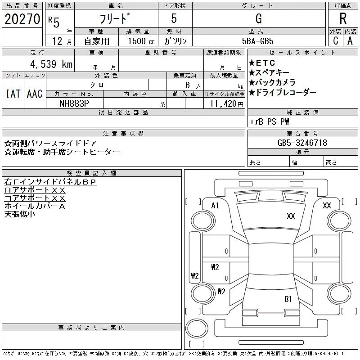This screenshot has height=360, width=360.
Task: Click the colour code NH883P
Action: coord(75,103)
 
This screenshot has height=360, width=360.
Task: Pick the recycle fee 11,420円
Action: coord(224,103)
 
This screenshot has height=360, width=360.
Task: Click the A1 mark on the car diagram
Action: coord(215,205)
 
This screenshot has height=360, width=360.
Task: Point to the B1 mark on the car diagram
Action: coord(288,298)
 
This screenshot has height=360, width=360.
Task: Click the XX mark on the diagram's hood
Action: coord(291,216)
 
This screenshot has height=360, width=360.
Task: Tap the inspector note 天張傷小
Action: coord(19,214)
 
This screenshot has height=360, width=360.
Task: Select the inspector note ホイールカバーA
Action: coord(35,206)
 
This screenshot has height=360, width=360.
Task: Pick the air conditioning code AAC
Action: coord(35,94)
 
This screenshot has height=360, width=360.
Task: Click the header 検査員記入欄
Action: coord(92,173)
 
